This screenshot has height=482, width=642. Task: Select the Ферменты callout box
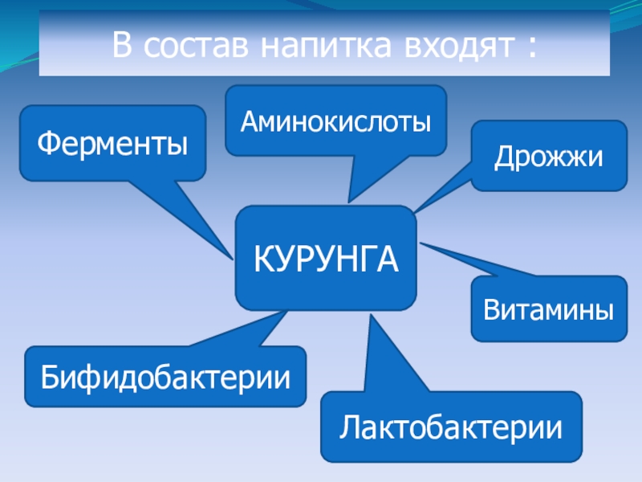point(112,143)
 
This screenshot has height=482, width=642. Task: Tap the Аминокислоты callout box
point(335,120)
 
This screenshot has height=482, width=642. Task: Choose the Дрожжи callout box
point(548,156)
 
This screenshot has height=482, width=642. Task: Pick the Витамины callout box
point(548,308)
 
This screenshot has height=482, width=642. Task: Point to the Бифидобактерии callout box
point(165,376)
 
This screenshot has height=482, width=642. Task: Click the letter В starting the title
point(121,45)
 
